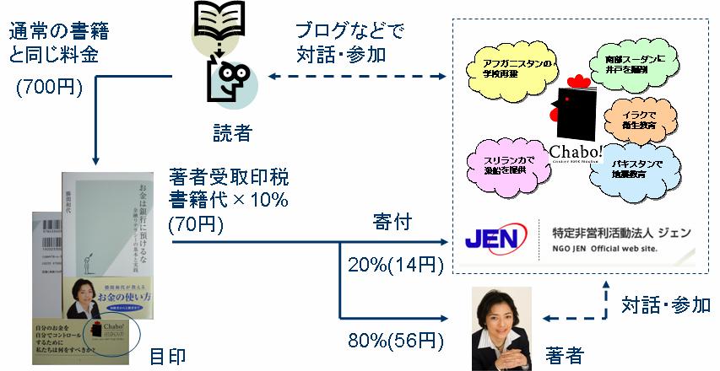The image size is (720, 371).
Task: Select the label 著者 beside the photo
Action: coord(564,355)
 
